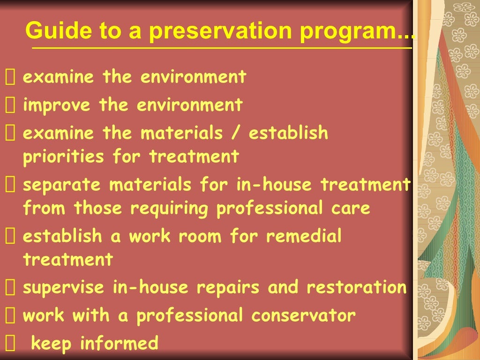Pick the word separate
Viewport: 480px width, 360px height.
coord(62,185)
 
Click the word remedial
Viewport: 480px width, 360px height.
coord(304,236)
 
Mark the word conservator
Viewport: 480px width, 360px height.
coord(303,315)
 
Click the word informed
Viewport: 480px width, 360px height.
coord(119,344)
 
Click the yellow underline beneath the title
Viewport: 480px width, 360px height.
coord(220,48)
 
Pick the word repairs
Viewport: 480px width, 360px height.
coord(227,288)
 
